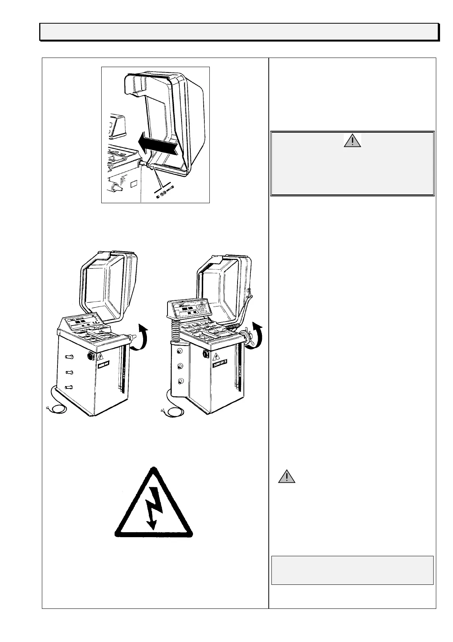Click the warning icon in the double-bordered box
pyautogui.click(x=353, y=141)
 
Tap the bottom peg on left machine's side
pyautogui.click(x=69, y=387)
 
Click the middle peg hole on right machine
pyautogui.click(x=180, y=366)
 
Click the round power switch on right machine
pyautogui.click(x=206, y=354)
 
